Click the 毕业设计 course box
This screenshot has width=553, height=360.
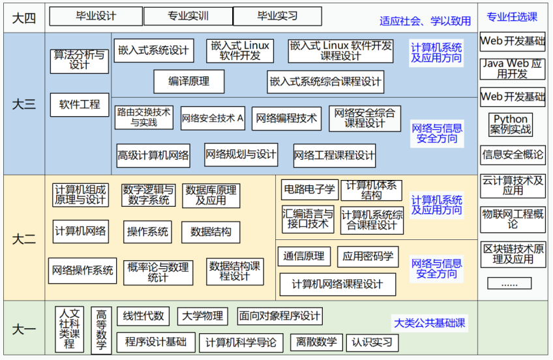(x=96, y=16)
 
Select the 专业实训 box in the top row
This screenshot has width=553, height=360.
(x=188, y=16)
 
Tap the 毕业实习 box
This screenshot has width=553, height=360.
(x=276, y=16)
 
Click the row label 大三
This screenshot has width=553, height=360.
(x=24, y=104)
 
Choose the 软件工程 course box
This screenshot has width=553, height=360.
(x=80, y=104)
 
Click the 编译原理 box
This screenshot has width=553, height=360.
(x=189, y=82)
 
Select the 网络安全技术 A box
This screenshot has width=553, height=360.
(x=213, y=119)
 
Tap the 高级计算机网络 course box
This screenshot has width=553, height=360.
(x=153, y=155)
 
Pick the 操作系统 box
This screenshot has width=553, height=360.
(x=147, y=232)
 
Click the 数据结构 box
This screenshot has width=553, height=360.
(x=211, y=232)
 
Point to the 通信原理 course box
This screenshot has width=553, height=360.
(x=305, y=256)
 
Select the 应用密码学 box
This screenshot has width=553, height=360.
(x=368, y=256)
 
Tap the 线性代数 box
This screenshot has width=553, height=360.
(x=143, y=316)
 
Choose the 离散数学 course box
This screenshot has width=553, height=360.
(x=317, y=342)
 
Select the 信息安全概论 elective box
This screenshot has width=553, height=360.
(x=513, y=155)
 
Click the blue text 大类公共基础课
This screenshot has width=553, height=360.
(x=430, y=323)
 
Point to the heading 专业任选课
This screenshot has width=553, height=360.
(x=512, y=16)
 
